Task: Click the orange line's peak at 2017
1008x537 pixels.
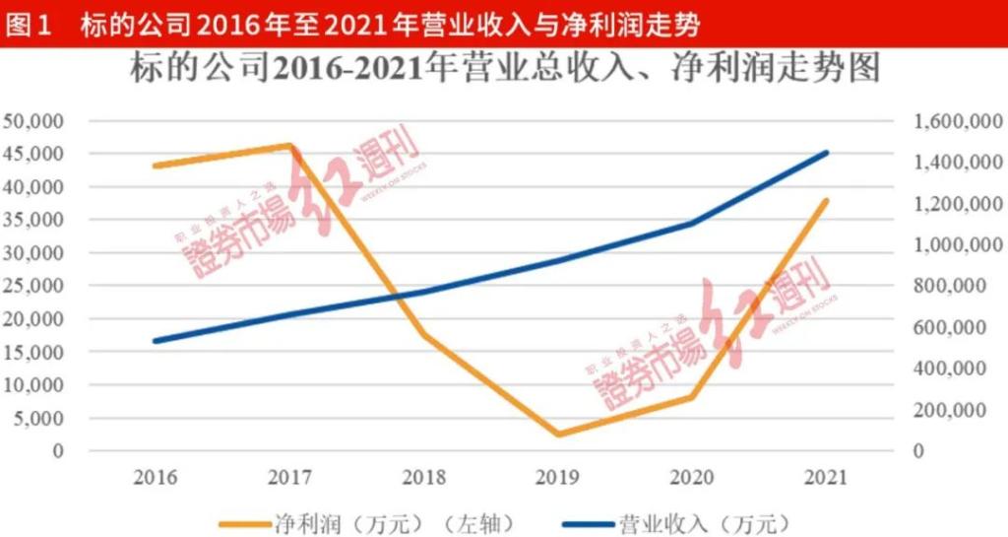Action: tap(290, 146)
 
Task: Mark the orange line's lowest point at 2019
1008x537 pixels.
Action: tap(558, 434)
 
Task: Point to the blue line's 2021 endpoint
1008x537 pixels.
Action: tap(827, 153)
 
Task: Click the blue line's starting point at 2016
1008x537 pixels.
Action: tap(156, 341)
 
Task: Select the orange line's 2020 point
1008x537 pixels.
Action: tap(692, 397)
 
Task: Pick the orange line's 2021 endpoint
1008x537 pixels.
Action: tap(827, 200)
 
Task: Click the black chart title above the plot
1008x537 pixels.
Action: tap(504, 71)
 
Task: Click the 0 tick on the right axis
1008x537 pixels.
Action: tap(920, 451)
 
